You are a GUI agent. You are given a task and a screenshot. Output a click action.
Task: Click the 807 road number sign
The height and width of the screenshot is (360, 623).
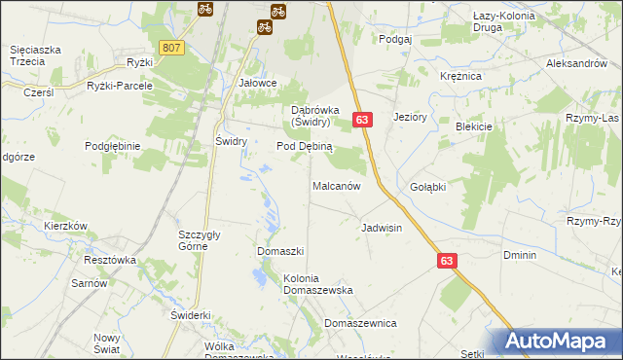(x=171, y=48)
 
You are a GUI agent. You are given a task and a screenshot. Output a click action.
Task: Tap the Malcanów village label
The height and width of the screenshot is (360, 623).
(x=337, y=185)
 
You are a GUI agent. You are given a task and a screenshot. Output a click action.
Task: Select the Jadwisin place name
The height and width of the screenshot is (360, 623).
(x=382, y=228)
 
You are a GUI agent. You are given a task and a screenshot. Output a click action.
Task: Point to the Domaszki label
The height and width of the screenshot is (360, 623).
(x=281, y=251)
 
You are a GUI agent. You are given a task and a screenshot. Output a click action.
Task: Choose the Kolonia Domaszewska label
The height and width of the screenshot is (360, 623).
(x=317, y=283)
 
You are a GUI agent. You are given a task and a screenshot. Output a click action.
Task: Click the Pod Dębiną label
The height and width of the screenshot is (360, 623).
(x=305, y=146)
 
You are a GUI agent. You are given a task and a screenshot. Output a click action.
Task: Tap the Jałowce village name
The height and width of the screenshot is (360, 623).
(x=259, y=84)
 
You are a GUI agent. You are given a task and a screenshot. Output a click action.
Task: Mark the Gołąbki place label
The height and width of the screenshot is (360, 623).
(x=428, y=187)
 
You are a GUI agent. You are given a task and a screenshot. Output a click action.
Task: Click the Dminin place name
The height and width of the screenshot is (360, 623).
(x=519, y=255)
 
